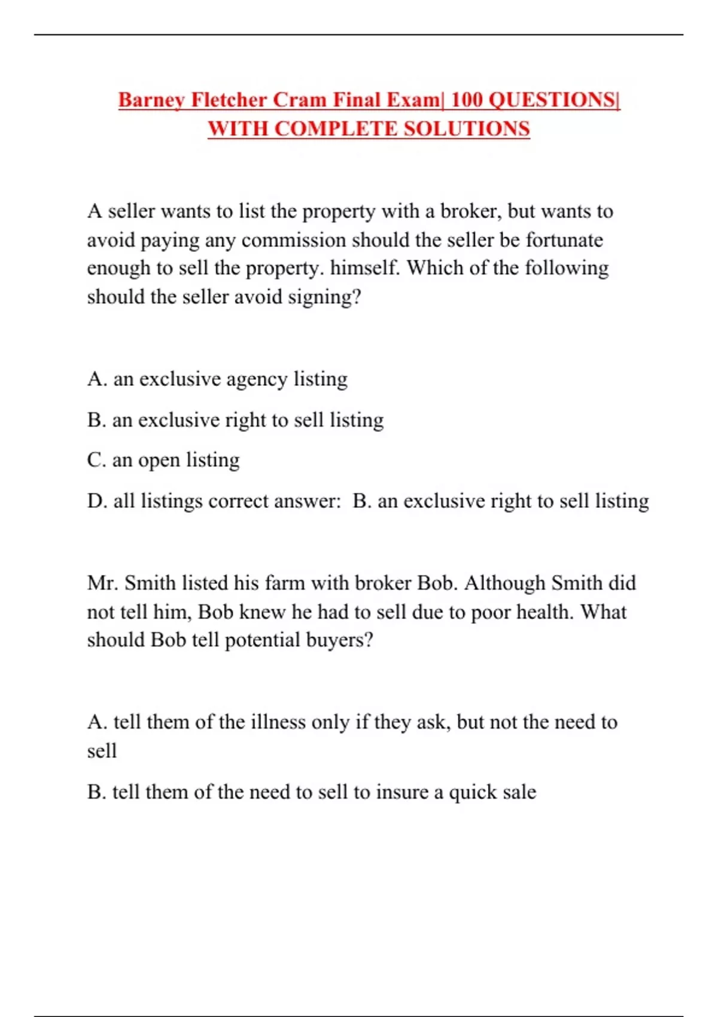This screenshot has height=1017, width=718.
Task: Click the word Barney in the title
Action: pyautogui.click(x=151, y=100)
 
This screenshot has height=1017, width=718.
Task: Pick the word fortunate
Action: pyautogui.click(x=564, y=240)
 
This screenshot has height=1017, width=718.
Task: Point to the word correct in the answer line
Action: pyautogui.click(x=238, y=501)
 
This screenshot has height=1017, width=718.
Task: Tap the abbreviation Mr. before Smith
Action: pyautogui.click(x=102, y=583)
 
